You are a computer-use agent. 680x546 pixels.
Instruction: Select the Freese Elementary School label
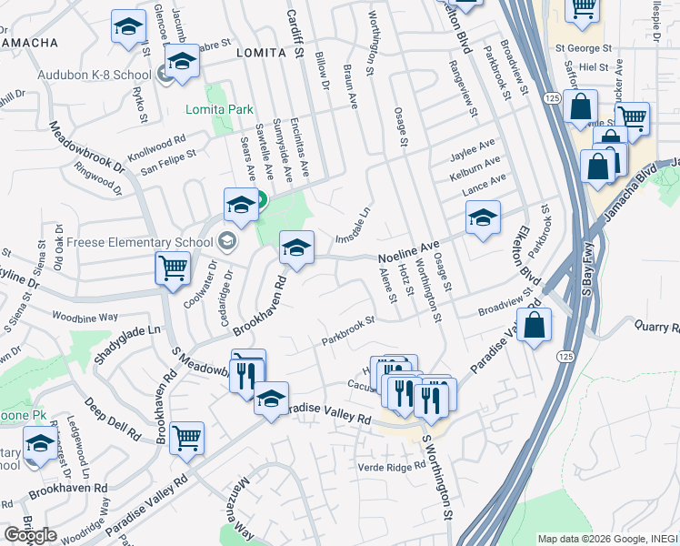[x=141, y=242]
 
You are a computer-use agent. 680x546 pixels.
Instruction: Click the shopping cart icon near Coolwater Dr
[x=171, y=268]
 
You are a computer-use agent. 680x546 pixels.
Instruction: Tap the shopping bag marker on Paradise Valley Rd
[x=535, y=324]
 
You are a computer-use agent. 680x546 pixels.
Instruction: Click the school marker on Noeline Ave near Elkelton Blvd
[x=483, y=217]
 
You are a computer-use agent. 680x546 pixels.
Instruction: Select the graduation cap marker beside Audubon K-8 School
[x=183, y=63]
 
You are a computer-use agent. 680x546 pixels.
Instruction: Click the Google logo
[x=31, y=534]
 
